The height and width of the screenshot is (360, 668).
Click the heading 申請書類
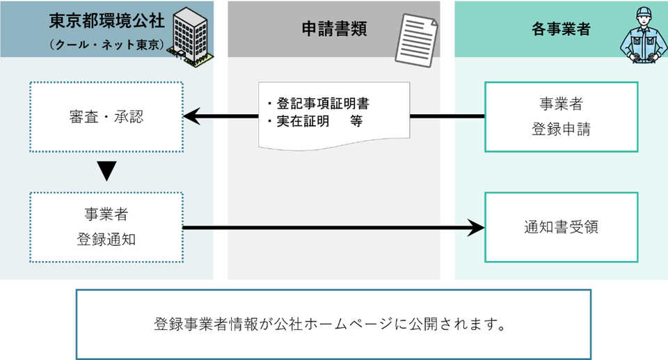tap(334, 29)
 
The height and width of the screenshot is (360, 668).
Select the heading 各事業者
tap(561, 29)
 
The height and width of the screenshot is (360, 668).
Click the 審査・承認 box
tap(106, 116)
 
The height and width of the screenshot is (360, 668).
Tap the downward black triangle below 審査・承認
tap(106, 171)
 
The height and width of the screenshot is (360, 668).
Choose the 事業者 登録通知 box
tap(106, 227)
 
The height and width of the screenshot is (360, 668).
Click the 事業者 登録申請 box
tap(561, 116)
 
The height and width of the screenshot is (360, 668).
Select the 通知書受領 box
tap(561, 227)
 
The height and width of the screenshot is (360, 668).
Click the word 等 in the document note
tap(357, 120)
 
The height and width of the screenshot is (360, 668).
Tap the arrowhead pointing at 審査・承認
tap(192, 116)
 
